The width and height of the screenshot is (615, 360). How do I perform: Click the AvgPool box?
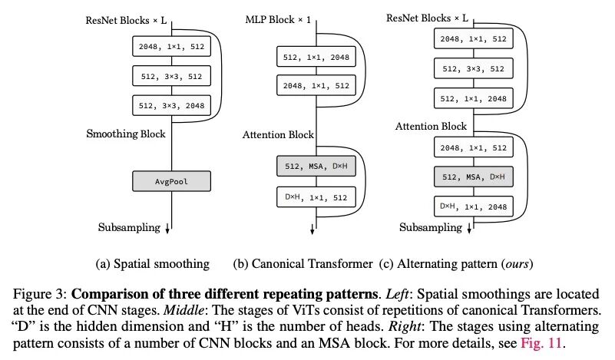172,182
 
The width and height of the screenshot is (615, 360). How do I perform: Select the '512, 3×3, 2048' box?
172,106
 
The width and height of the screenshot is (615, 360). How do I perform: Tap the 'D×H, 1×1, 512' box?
316,198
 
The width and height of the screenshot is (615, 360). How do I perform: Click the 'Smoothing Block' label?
125,134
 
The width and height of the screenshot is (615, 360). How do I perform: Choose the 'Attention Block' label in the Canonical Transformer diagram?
278,134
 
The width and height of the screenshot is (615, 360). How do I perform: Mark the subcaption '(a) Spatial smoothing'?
152,264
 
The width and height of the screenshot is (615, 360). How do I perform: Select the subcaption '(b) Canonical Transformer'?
303,264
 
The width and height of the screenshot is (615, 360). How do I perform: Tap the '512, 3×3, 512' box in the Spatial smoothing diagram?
172,76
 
